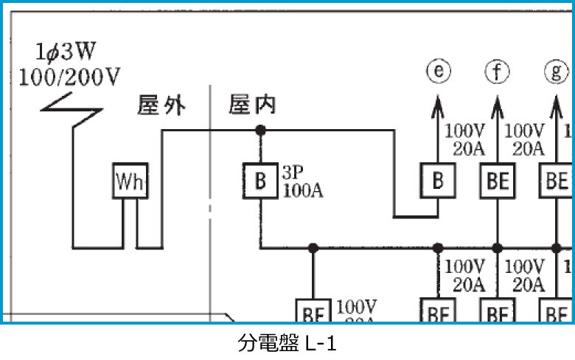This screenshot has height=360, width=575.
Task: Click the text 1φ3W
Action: pyautogui.click(x=66, y=53)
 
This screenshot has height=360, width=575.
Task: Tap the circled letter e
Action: pyautogui.click(x=438, y=72)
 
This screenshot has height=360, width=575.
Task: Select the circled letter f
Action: pyautogui.click(x=497, y=72)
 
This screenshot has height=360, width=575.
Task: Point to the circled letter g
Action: pyautogui.click(x=557, y=72)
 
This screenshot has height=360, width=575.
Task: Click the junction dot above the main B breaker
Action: pyautogui.click(x=259, y=131)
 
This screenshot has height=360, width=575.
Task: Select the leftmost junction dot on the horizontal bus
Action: pyautogui.click(x=313, y=248)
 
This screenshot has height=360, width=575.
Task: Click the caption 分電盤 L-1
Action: pyautogui.click(x=287, y=343)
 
